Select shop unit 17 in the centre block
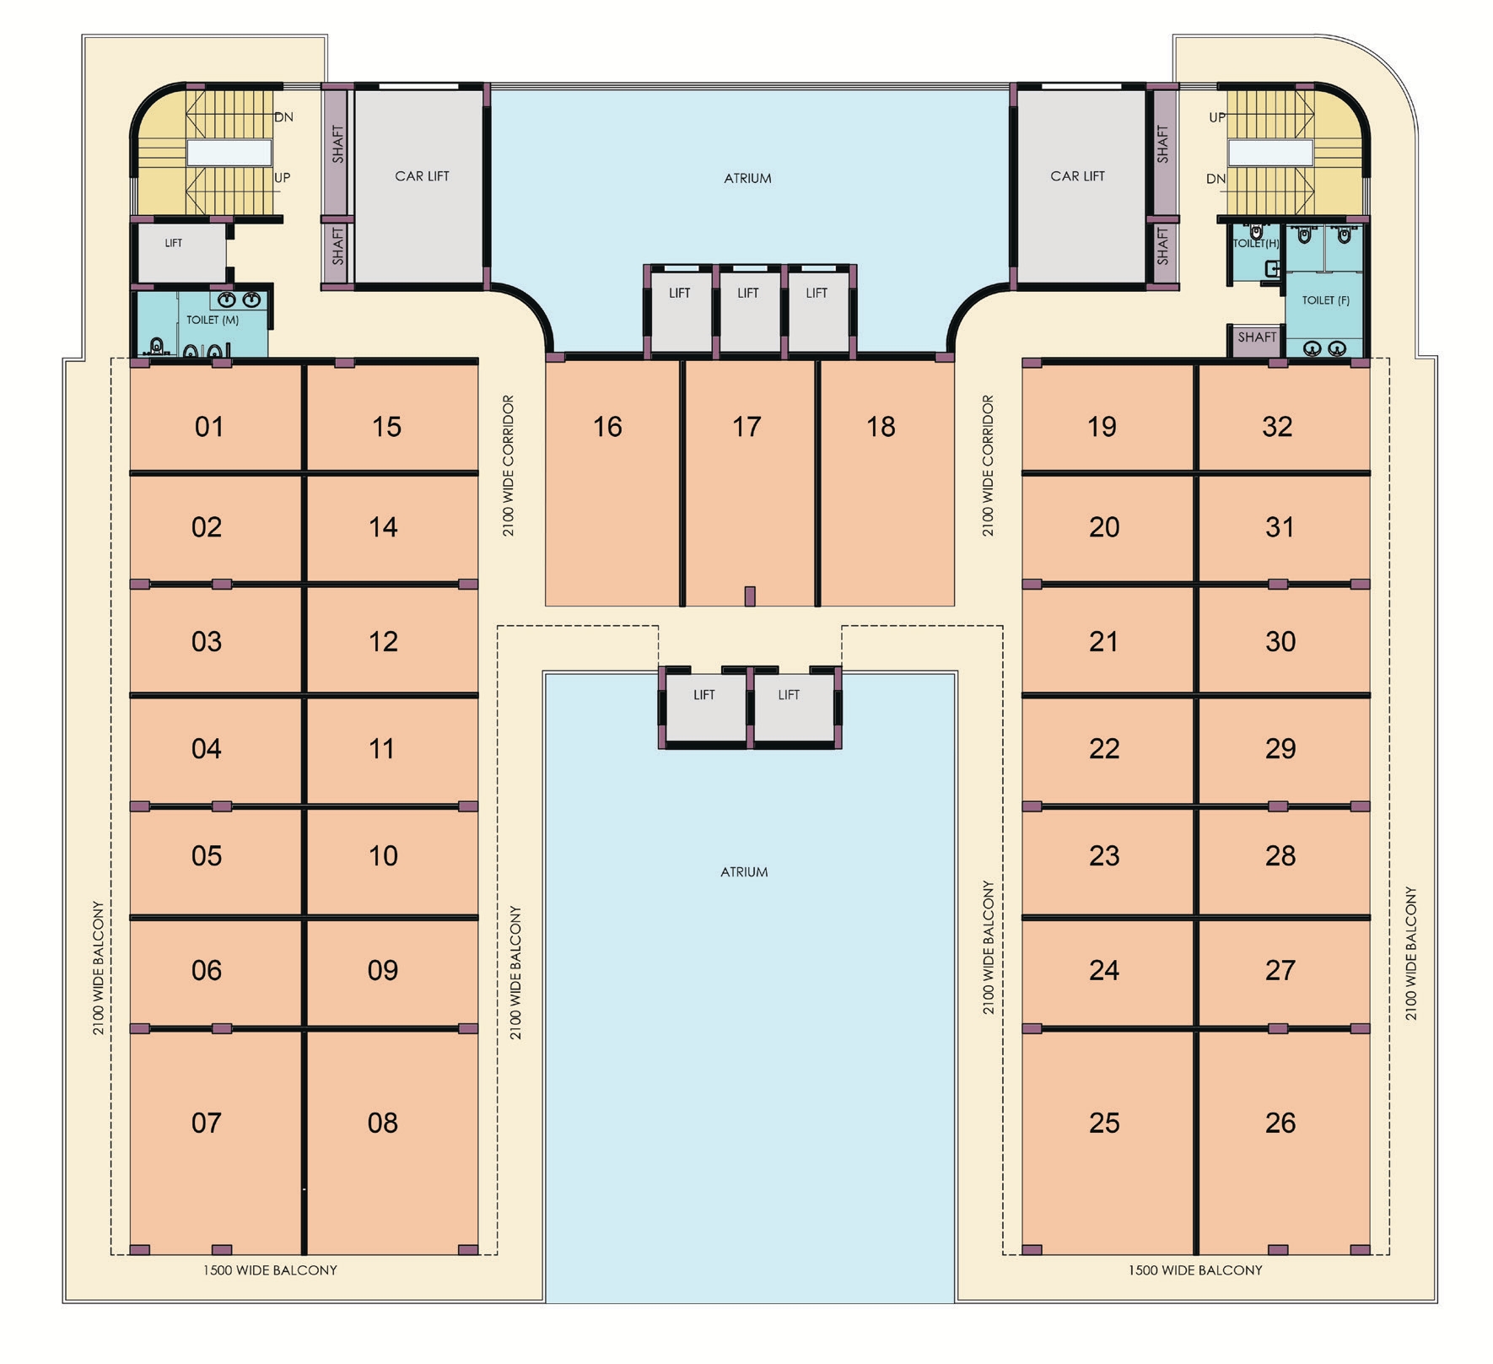click(x=749, y=483)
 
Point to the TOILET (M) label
click(x=213, y=320)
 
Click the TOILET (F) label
click(x=1325, y=300)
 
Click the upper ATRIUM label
click(x=747, y=178)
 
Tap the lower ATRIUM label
click(x=744, y=872)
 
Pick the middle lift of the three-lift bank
click(x=748, y=310)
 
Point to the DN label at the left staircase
click(x=284, y=117)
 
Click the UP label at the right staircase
click(x=1217, y=117)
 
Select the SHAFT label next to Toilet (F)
click(x=1257, y=337)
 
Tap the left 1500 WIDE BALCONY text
click(x=270, y=1270)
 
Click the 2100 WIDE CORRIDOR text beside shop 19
click(x=988, y=466)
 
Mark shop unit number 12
click(x=383, y=642)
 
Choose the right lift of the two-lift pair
click(x=793, y=707)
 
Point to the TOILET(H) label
click(x=1256, y=244)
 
